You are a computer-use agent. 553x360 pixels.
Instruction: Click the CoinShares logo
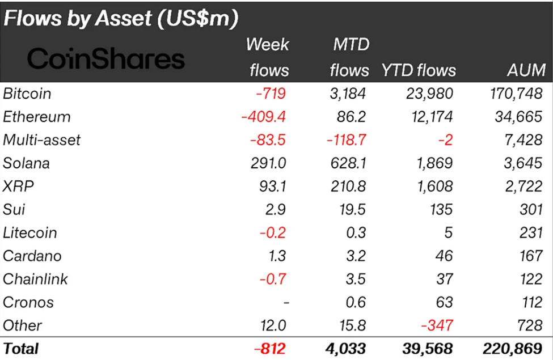pos(106,59)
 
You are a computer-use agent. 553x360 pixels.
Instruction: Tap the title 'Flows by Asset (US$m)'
pos(120,18)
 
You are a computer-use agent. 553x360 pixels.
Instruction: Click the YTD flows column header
pos(419,70)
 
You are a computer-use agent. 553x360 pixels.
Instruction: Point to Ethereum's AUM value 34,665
pos(518,117)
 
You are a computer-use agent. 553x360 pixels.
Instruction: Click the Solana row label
pos(26,163)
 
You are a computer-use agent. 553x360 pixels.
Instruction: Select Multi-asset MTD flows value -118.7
pos(346,140)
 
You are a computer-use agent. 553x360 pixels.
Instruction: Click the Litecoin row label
pos(30,233)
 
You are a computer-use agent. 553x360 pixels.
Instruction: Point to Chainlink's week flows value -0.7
pos(273,279)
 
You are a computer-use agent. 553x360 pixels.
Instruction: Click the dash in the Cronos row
pos(285,303)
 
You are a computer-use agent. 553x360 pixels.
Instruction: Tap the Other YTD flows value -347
pos(437,325)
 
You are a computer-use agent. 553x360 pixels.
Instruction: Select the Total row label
pos(21,348)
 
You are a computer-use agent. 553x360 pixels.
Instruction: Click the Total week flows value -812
pos(269,348)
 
